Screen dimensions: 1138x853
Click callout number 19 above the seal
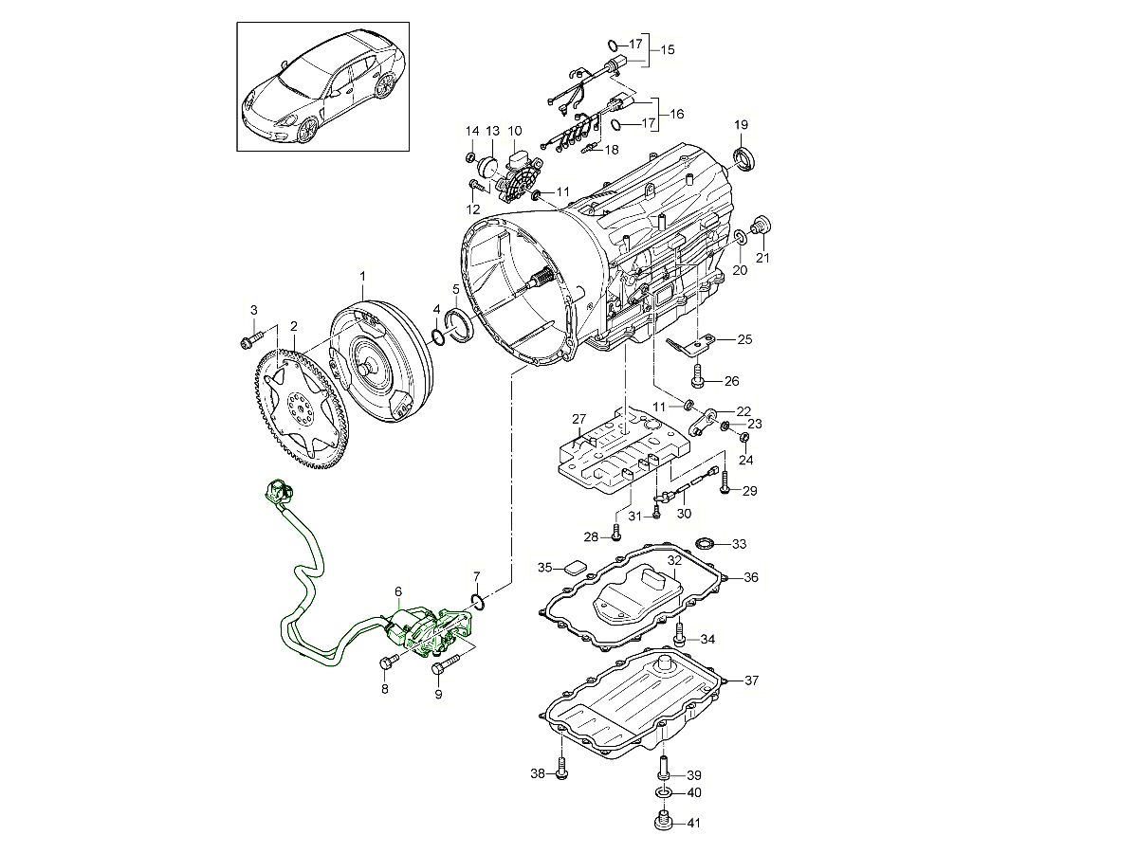[x=741, y=125]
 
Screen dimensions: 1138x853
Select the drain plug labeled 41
[x=663, y=823]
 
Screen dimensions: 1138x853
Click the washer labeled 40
[x=663, y=793]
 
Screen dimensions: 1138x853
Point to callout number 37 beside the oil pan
[x=751, y=680]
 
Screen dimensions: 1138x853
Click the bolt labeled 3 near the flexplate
[x=252, y=339]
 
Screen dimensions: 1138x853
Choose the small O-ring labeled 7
[x=478, y=601]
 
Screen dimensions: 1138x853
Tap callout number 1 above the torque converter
[x=362, y=276]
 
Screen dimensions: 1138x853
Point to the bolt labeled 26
[x=698, y=376]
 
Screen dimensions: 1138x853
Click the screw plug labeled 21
[x=762, y=225]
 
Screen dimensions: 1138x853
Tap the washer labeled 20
[x=742, y=238]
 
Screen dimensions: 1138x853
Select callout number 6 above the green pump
[x=398, y=591]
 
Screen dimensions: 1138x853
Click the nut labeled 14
[x=470, y=158]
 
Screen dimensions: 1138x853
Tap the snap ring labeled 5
[x=460, y=325]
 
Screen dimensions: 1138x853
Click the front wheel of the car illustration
[x=307, y=130]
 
